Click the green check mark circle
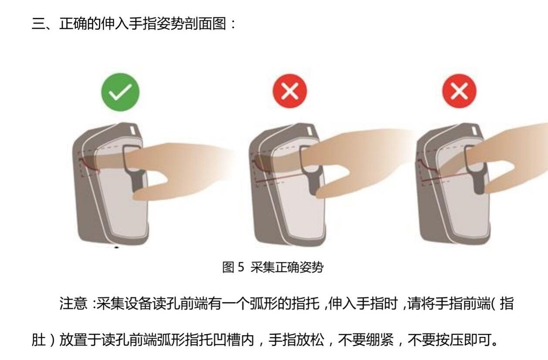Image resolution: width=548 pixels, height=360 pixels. coord(120,92)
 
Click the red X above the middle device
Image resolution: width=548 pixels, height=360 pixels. coord(290,91)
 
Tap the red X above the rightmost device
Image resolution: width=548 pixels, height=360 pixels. coord(460,91)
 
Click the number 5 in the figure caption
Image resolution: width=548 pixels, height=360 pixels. coord(241,267)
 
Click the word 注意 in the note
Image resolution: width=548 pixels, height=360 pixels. coord(73,303)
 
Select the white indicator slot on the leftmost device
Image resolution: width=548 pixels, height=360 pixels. coord(132,130)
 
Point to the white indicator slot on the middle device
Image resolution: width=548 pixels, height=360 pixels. coord(310,131)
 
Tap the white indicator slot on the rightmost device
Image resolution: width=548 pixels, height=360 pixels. coord(475,131)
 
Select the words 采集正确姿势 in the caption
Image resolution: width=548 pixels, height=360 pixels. coord(287,267)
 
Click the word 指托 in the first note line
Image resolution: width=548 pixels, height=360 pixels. coord(306,303)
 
